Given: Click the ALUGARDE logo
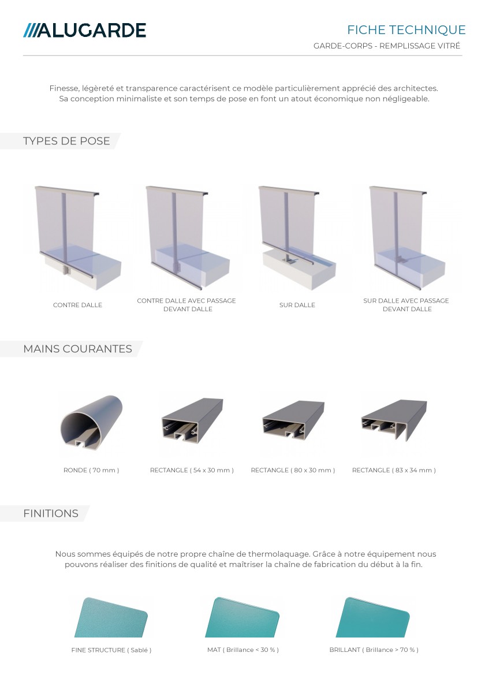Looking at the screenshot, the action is pos(84,30).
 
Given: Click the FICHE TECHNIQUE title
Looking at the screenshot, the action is pos(406,30).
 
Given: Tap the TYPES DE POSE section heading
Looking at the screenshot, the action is pos(66,141).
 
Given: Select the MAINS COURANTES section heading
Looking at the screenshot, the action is pos(77,349).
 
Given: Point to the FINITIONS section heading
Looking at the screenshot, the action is pos(51,513).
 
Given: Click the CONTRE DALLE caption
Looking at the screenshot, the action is pos(77,305).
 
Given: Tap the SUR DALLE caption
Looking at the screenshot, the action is pos(297,305).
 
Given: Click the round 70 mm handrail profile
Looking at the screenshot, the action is pos(91,423).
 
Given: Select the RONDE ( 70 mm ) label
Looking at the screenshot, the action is pos(91,470).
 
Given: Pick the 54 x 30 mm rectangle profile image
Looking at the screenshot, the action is pos(192,419).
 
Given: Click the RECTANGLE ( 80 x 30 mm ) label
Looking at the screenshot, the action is pos(293,470).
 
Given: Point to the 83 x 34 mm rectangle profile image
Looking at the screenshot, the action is pos(394,420).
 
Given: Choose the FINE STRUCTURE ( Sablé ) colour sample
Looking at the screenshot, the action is pos(111,617).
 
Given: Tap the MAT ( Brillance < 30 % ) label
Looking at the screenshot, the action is pos(242,650).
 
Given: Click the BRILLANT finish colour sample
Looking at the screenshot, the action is pos(372,617).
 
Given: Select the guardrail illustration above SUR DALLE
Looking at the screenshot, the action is pos(297,238).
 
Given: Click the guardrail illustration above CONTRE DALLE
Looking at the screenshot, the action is pos(78,238).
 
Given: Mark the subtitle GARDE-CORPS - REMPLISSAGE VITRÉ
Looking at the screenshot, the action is pos(387,46).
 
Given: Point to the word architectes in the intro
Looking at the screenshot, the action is pos(416,88).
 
